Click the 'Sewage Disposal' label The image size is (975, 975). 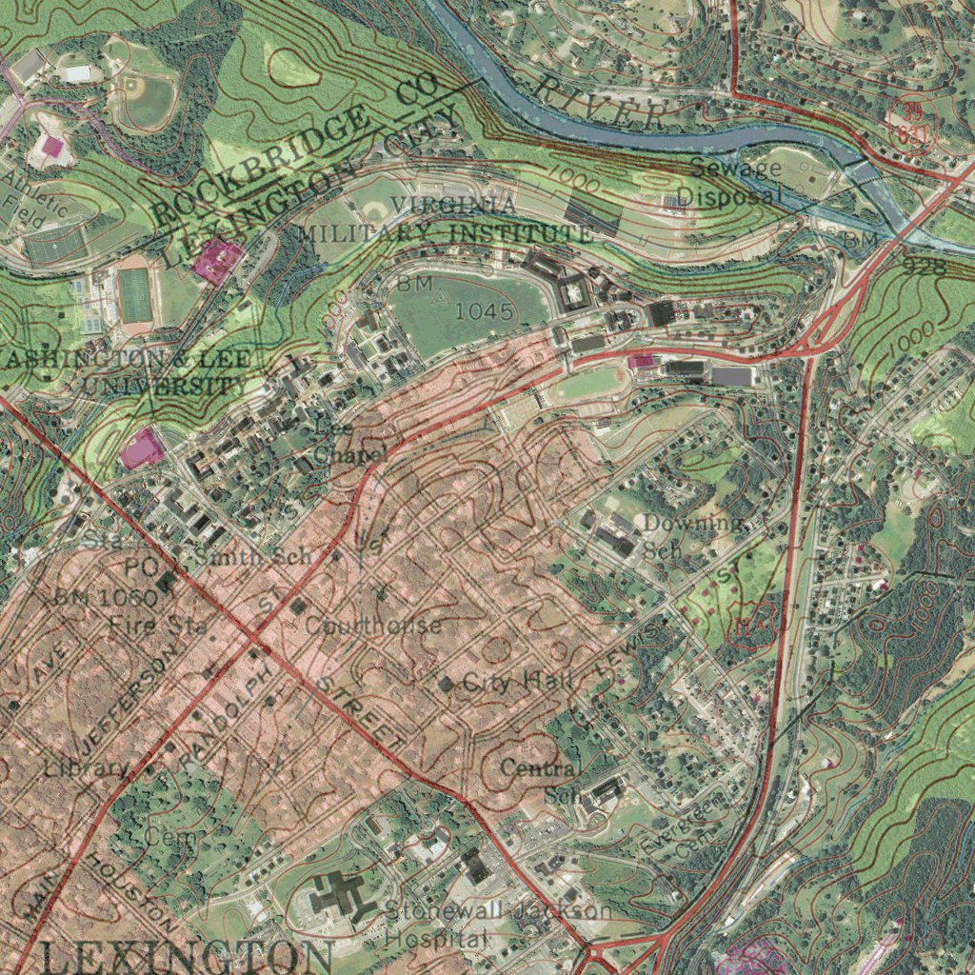tap(734, 183)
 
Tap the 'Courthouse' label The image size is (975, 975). tap(373, 626)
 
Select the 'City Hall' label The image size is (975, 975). tap(519, 682)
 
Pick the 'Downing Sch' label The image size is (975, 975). tap(689, 535)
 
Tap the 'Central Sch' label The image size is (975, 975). tap(543, 780)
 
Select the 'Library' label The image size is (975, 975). tap(86, 767)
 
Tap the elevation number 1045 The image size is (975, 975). tap(484, 311)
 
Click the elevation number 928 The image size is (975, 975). tap(924, 267)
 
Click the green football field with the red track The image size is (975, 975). tap(135, 295)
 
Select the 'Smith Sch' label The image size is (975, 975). tap(253, 557)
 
